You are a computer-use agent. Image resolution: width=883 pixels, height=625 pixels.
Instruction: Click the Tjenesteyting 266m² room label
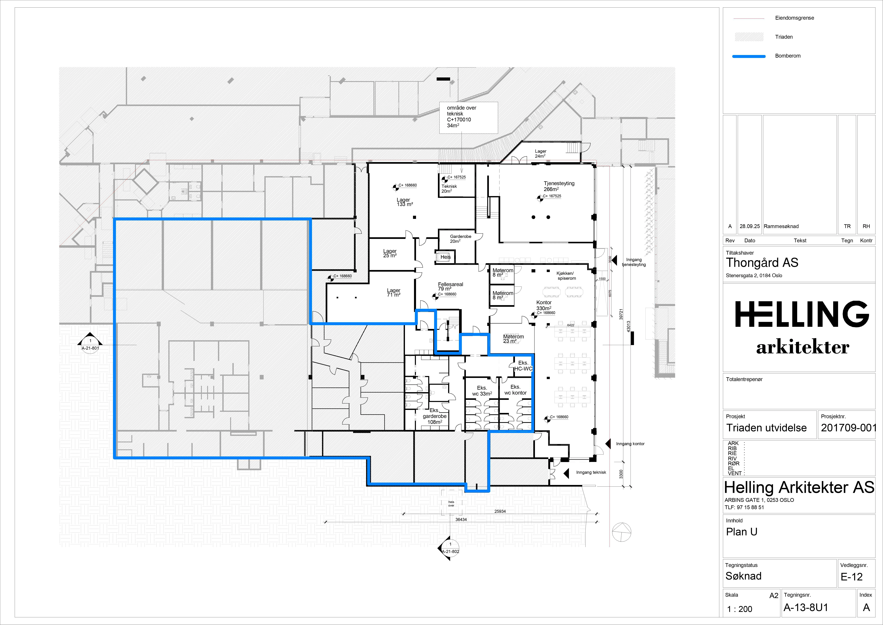click(559, 186)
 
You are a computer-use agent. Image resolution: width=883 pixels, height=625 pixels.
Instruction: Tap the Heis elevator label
click(445, 257)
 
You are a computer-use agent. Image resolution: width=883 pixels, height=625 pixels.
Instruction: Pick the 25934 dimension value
click(500, 511)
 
